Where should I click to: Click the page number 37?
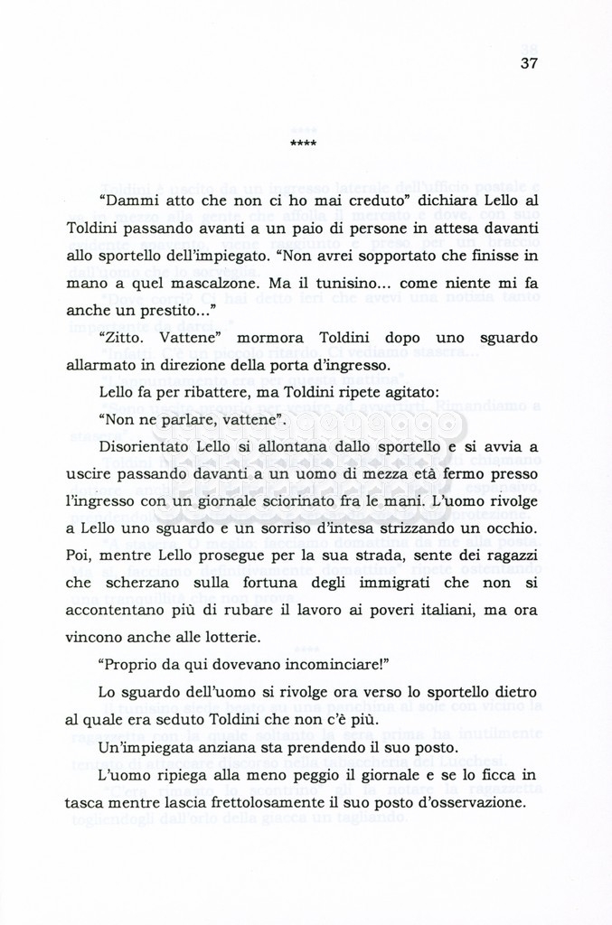530,63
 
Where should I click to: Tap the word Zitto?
124,338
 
